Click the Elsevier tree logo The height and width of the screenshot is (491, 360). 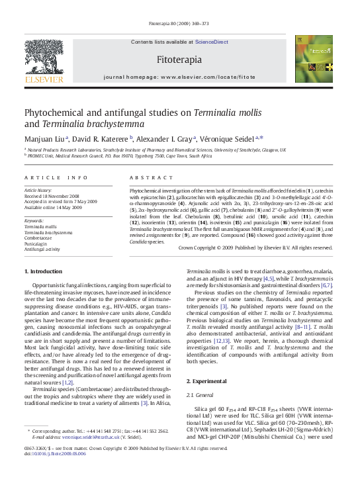pyautogui.click(x=44, y=59)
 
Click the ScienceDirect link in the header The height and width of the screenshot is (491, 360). pyautogui.click(x=210, y=42)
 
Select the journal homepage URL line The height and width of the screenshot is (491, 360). pyautogui.click(x=179, y=77)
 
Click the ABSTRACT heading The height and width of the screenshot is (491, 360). pyautogui.click(x=142, y=177)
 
